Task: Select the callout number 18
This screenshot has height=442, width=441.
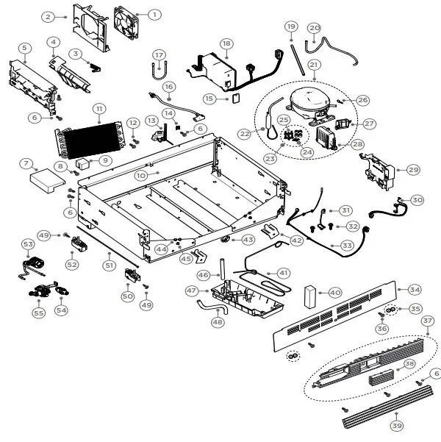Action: click(x=226, y=43)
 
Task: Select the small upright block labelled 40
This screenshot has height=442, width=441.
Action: click(x=310, y=296)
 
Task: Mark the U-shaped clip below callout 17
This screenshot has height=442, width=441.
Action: click(x=159, y=71)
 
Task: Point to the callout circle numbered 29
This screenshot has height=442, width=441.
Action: click(x=412, y=169)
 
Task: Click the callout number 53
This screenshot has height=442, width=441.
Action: click(x=28, y=243)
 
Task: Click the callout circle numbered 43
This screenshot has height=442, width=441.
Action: click(x=248, y=240)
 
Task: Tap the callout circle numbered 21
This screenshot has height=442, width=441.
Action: click(x=315, y=65)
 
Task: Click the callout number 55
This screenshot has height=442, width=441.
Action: click(x=38, y=313)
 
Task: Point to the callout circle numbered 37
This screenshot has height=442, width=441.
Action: click(x=427, y=321)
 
